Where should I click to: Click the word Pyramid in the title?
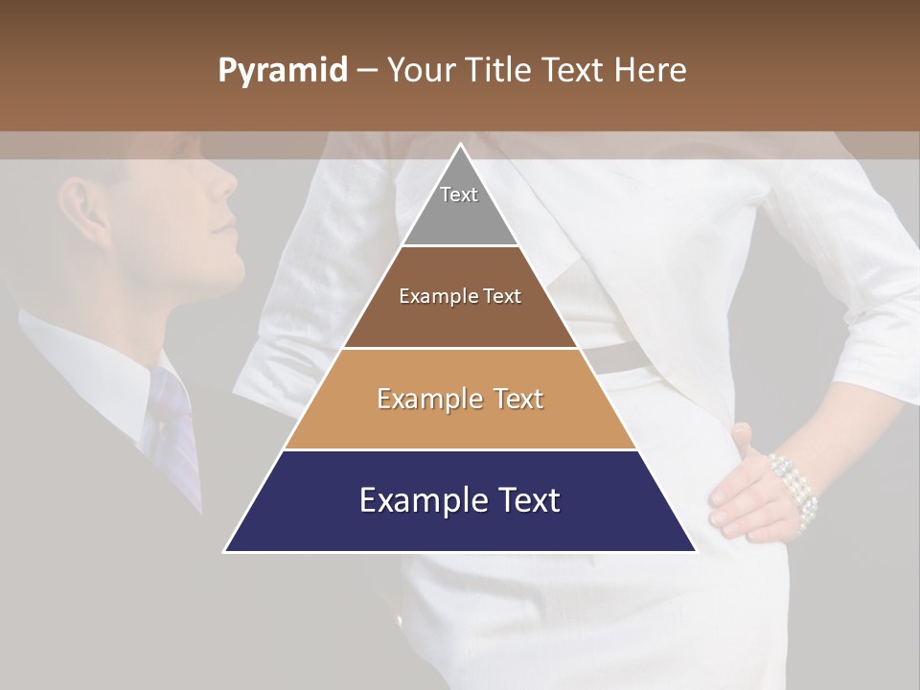coord(282,71)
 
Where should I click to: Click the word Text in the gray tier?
coord(459,195)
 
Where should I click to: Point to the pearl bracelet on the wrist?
coord(793,484)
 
